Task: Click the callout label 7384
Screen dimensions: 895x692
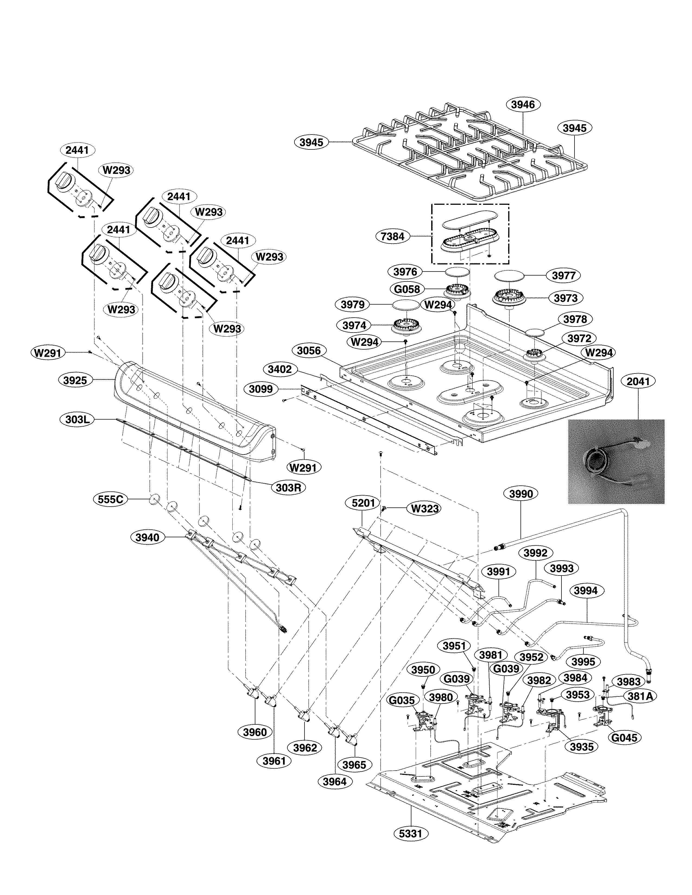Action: coord(392,236)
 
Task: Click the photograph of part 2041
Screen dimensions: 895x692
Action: coord(616,461)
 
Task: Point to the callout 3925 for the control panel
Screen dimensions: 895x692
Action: coord(75,380)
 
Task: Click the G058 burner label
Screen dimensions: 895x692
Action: coord(407,289)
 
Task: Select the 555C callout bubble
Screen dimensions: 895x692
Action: coord(110,500)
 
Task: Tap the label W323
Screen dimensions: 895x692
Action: coord(425,509)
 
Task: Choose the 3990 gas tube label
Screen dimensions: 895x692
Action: coord(521,494)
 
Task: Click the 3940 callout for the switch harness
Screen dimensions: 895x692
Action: coord(147,537)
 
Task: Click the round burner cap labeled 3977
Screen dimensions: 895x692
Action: coord(510,276)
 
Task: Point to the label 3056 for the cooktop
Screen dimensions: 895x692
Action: coord(309,351)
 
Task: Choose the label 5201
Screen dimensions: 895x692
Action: coord(363,503)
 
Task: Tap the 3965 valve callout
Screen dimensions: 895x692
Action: coord(354,765)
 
